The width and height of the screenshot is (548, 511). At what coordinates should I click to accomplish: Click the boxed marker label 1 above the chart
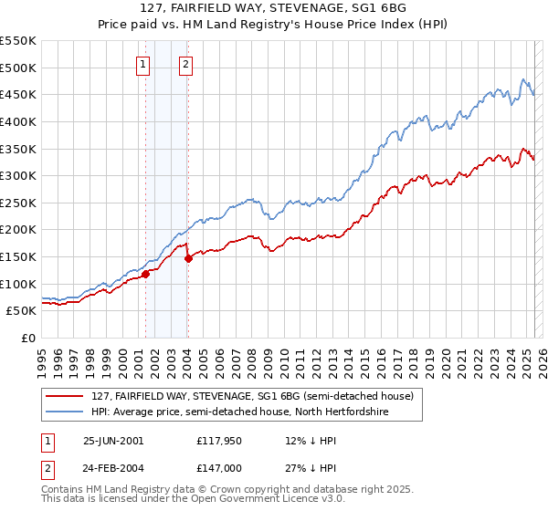tap(144, 64)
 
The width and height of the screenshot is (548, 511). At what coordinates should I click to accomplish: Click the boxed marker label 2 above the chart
tap(185, 64)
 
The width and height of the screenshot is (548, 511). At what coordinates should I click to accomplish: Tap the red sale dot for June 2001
tap(145, 273)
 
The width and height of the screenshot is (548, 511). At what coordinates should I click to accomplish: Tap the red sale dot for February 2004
tap(188, 258)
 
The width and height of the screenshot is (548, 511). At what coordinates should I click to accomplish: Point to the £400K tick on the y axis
tap(18, 121)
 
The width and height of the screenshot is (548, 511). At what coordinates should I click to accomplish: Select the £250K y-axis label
tap(18, 203)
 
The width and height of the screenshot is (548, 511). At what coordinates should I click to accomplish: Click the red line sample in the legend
tap(65, 396)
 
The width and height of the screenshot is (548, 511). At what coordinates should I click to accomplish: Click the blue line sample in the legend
tap(65, 412)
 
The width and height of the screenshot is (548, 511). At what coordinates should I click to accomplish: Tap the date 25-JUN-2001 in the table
tap(113, 440)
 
